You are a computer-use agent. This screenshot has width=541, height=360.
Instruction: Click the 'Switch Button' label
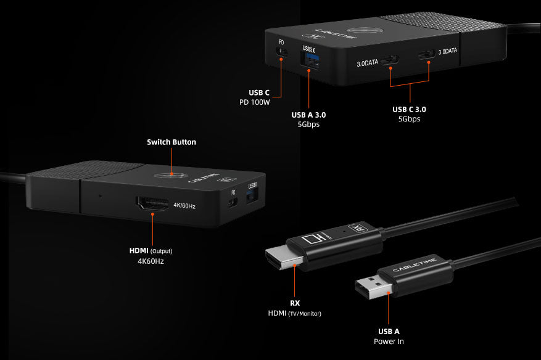click(x=171, y=142)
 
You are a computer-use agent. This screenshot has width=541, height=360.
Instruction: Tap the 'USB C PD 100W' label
click(x=255, y=97)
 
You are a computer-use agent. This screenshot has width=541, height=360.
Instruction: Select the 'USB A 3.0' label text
click(x=308, y=115)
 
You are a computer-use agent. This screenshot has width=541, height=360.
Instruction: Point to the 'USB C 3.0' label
click(x=409, y=110)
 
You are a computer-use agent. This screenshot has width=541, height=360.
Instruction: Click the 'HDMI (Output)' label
click(x=151, y=251)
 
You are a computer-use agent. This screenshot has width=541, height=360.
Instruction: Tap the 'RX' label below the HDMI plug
click(x=295, y=303)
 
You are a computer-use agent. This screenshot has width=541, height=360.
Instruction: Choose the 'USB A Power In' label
click(x=389, y=336)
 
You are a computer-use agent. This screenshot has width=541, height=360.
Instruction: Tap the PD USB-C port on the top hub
click(x=282, y=52)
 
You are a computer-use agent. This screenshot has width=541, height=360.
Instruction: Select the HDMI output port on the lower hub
click(x=153, y=203)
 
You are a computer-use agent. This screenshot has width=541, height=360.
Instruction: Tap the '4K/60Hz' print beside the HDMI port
click(x=184, y=206)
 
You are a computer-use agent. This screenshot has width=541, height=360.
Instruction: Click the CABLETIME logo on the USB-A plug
click(x=415, y=264)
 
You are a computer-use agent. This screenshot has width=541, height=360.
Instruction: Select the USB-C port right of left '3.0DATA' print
click(x=390, y=60)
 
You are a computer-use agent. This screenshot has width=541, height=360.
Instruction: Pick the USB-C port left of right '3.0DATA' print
click(x=427, y=54)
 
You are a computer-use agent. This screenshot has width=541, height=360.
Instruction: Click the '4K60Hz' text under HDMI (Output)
click(x=151, y=261)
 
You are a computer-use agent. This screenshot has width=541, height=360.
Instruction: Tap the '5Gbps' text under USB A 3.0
click(x=308, y=124)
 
